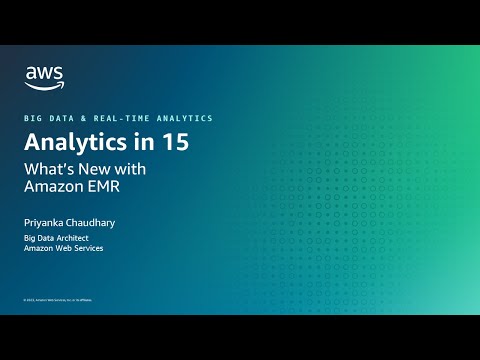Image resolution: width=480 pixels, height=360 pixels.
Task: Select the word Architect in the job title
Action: coord(81,237)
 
